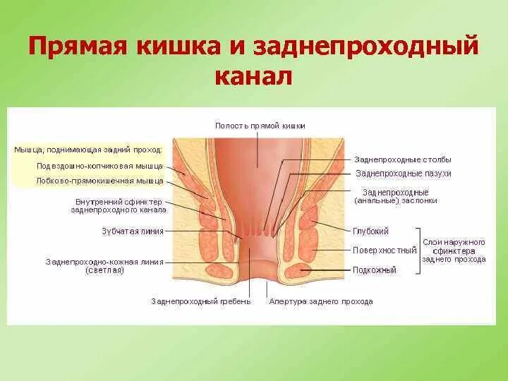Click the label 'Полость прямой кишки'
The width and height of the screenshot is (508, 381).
coord(260,126)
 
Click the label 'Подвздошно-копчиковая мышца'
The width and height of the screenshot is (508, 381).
coord(99,166)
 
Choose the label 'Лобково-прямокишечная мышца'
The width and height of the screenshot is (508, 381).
coord(99,181)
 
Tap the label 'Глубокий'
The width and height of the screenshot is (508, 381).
coord(370,231)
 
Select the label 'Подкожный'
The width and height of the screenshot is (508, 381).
coord(375,270)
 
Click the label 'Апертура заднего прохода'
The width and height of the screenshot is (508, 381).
coord(320,301)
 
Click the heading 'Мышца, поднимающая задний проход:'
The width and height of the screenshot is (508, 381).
coord(88,150)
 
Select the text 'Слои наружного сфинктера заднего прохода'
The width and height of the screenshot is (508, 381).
coord(454,250)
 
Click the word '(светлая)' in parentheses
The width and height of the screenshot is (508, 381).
coord(104,270)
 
